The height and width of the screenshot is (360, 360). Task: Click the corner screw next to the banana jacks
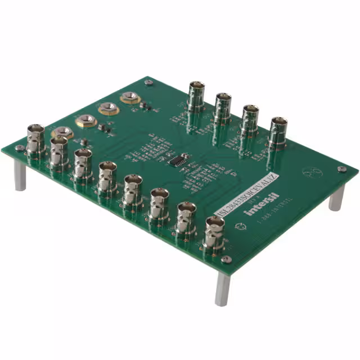click(x=148, y=83)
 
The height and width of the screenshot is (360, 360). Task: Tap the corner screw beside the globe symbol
click(x=341, y=169)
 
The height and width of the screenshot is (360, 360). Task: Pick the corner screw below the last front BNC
click(x=226, y=259)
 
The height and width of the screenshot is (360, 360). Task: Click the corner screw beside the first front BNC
click(x=20, y=148)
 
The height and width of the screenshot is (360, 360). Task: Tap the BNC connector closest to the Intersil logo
click(x=214, y=231)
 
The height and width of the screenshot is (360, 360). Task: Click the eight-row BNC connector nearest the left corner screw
click(x=35, y=138)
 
